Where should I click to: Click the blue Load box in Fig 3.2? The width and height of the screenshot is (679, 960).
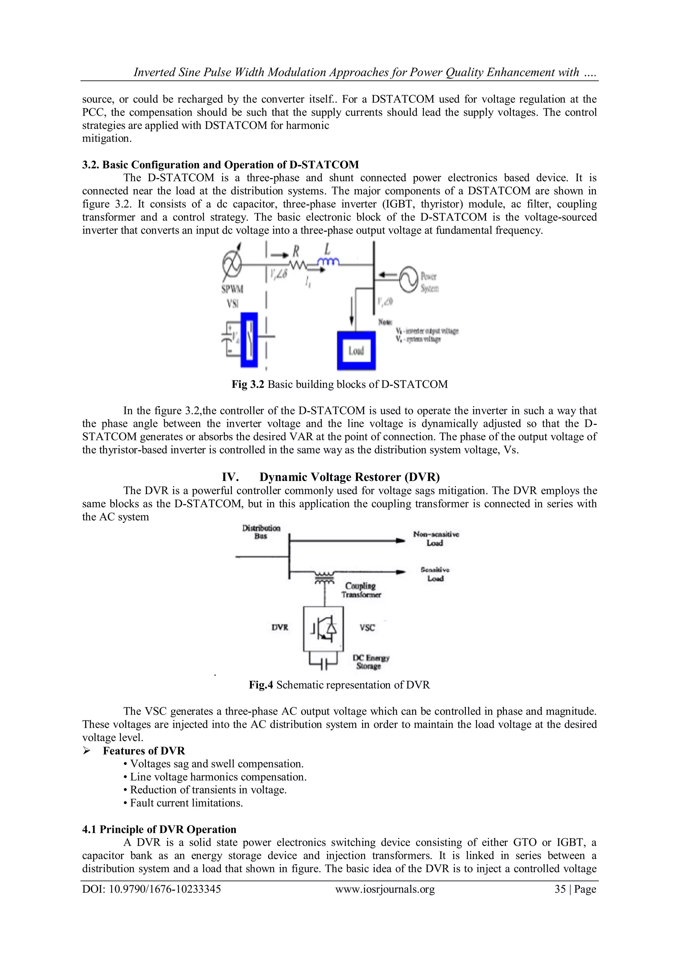(x=356, y=350)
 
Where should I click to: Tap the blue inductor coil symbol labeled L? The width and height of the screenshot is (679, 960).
(x=329, y=262)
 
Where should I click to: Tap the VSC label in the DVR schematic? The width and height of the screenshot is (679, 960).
(x=367, y=628)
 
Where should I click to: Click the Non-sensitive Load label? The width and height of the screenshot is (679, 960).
(x=436, y=538)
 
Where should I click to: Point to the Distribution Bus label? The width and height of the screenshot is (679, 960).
(x=261, y=532)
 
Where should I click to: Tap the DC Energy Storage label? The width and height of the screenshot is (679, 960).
(x=371, y=662)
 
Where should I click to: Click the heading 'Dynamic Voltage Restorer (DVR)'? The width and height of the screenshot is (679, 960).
(x=349, y=477)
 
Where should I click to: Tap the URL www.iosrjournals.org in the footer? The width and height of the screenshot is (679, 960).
(x=385, y=889)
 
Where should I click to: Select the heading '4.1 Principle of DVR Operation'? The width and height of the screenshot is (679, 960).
(x=159, y=829)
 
